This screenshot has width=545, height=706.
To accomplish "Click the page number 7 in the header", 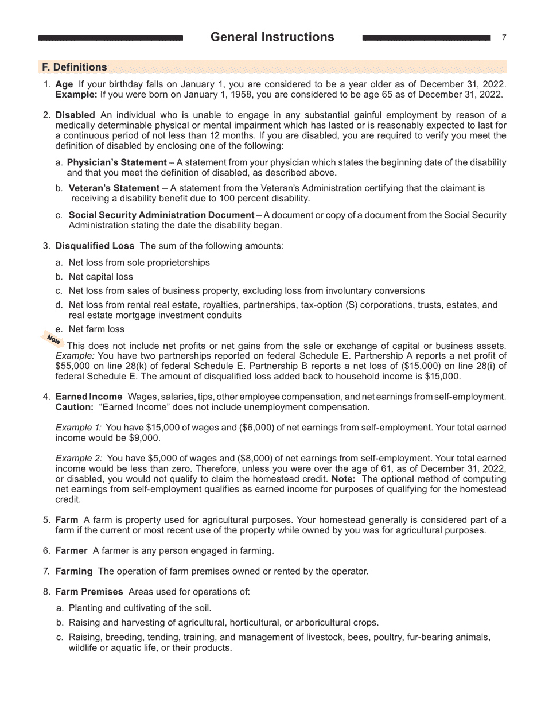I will (504, 38).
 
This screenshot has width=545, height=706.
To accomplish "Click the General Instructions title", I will (272, 37).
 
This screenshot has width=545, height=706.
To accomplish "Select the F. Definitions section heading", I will (74, 67).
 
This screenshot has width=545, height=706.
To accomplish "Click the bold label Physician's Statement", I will (117, 163).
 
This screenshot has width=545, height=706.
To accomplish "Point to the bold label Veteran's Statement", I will (114, 188).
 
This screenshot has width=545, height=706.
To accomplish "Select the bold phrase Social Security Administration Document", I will (161, 215).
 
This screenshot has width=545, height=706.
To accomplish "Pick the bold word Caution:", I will (74, 408).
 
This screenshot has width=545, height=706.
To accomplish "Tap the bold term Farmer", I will (71, 551).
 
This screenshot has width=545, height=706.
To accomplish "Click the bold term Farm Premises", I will (89, 592).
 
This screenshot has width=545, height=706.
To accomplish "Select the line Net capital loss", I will (100, 277).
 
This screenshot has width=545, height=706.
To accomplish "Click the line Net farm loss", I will (96, 329).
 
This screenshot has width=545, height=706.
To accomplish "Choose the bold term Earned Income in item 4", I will (88, 397).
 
